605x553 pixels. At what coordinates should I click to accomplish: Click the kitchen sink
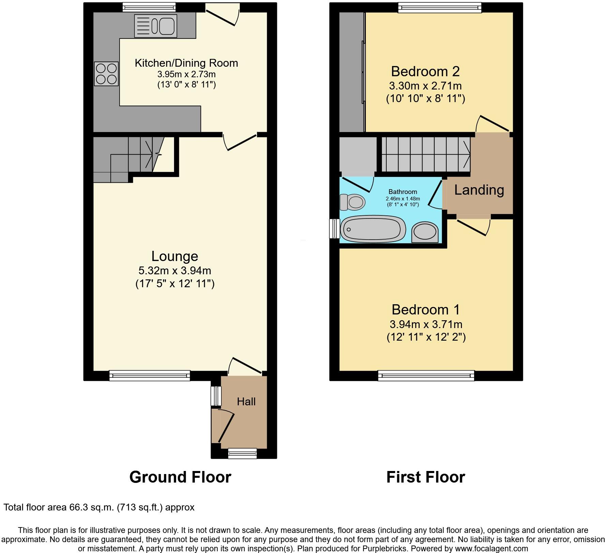pos(156,26)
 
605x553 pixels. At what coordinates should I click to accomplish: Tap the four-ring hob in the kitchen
pos(107,74)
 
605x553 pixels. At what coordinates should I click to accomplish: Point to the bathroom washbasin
pos(425,232)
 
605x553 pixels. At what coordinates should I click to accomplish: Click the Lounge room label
pos(175,256)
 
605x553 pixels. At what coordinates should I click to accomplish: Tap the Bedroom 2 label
pos(425,71)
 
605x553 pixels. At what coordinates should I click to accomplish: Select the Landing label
pos(479,190)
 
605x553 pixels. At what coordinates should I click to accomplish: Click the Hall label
pos(246,402)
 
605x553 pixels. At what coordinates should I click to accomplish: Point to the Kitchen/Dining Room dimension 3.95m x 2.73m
pos(186,74)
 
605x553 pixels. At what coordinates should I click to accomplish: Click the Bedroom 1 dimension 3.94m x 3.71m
pos(426,324)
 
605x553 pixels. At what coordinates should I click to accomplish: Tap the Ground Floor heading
pos(180,477)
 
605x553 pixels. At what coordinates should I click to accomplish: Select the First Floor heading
pos(425,477)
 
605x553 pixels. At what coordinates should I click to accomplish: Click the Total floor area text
pos(99,507)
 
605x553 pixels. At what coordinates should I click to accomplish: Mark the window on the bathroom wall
pos(334,228)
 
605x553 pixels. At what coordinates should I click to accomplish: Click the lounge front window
pos(150,375)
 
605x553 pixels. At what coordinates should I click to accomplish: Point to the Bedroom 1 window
pos(426,375)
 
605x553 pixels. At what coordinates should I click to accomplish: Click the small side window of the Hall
pos(216,396)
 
